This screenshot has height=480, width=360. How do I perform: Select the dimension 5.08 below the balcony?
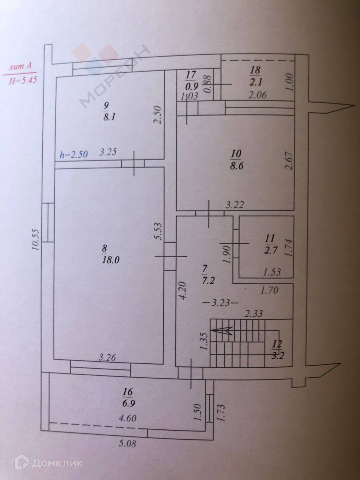pyautogui.click(x=127, y=443)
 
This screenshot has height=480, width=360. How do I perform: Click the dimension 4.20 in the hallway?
pyautogui.click(x=184, y=290)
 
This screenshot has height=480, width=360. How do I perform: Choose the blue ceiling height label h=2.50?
pyautogui.click(x=74, y=155)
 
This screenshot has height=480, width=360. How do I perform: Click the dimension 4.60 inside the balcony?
pyautogui.click(x=128, y=418)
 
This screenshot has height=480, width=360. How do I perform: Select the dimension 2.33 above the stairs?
pyautogui.click(x=254, y=314)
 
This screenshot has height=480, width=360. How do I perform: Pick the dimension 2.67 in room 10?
pyautogui.click(x=289, y=161)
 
